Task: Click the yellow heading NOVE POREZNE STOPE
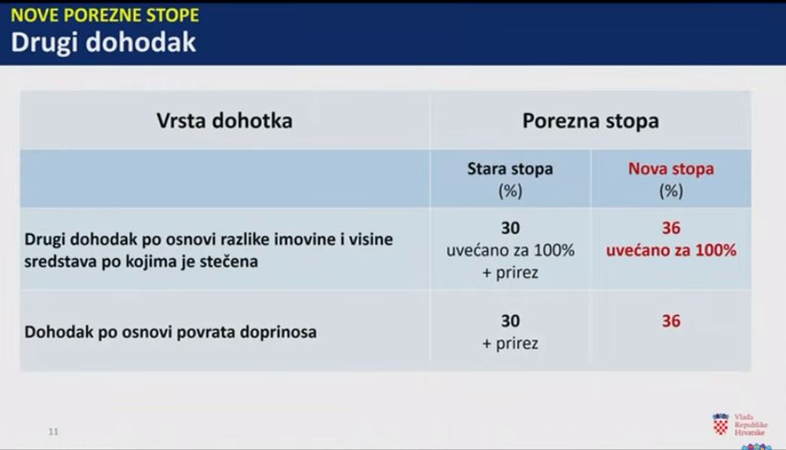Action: tap(105, 15)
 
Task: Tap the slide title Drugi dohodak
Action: tap(103, 42)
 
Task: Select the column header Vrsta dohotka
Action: tap(224, 121)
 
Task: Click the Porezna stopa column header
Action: tap(591, 121)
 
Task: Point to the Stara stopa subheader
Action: tap(510, 169)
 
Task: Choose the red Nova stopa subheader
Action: tap(671, 169)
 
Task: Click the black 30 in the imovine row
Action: tap(510, 228)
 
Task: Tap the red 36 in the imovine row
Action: tap(671, 228)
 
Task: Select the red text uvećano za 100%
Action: tap(671, 250)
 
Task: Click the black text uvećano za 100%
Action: tap(510, 250)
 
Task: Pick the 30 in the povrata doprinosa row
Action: tap(510, 321)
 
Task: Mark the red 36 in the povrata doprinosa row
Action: tap(671, 321)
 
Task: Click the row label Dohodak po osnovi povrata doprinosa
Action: tap(170, 332)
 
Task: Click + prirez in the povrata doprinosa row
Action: tap(510, 344)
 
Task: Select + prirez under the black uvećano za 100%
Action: tap(510, 272)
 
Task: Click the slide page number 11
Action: tap(54, 432)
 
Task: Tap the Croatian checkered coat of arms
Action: tap(721, 425)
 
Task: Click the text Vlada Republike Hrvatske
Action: tap(751, 425)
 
